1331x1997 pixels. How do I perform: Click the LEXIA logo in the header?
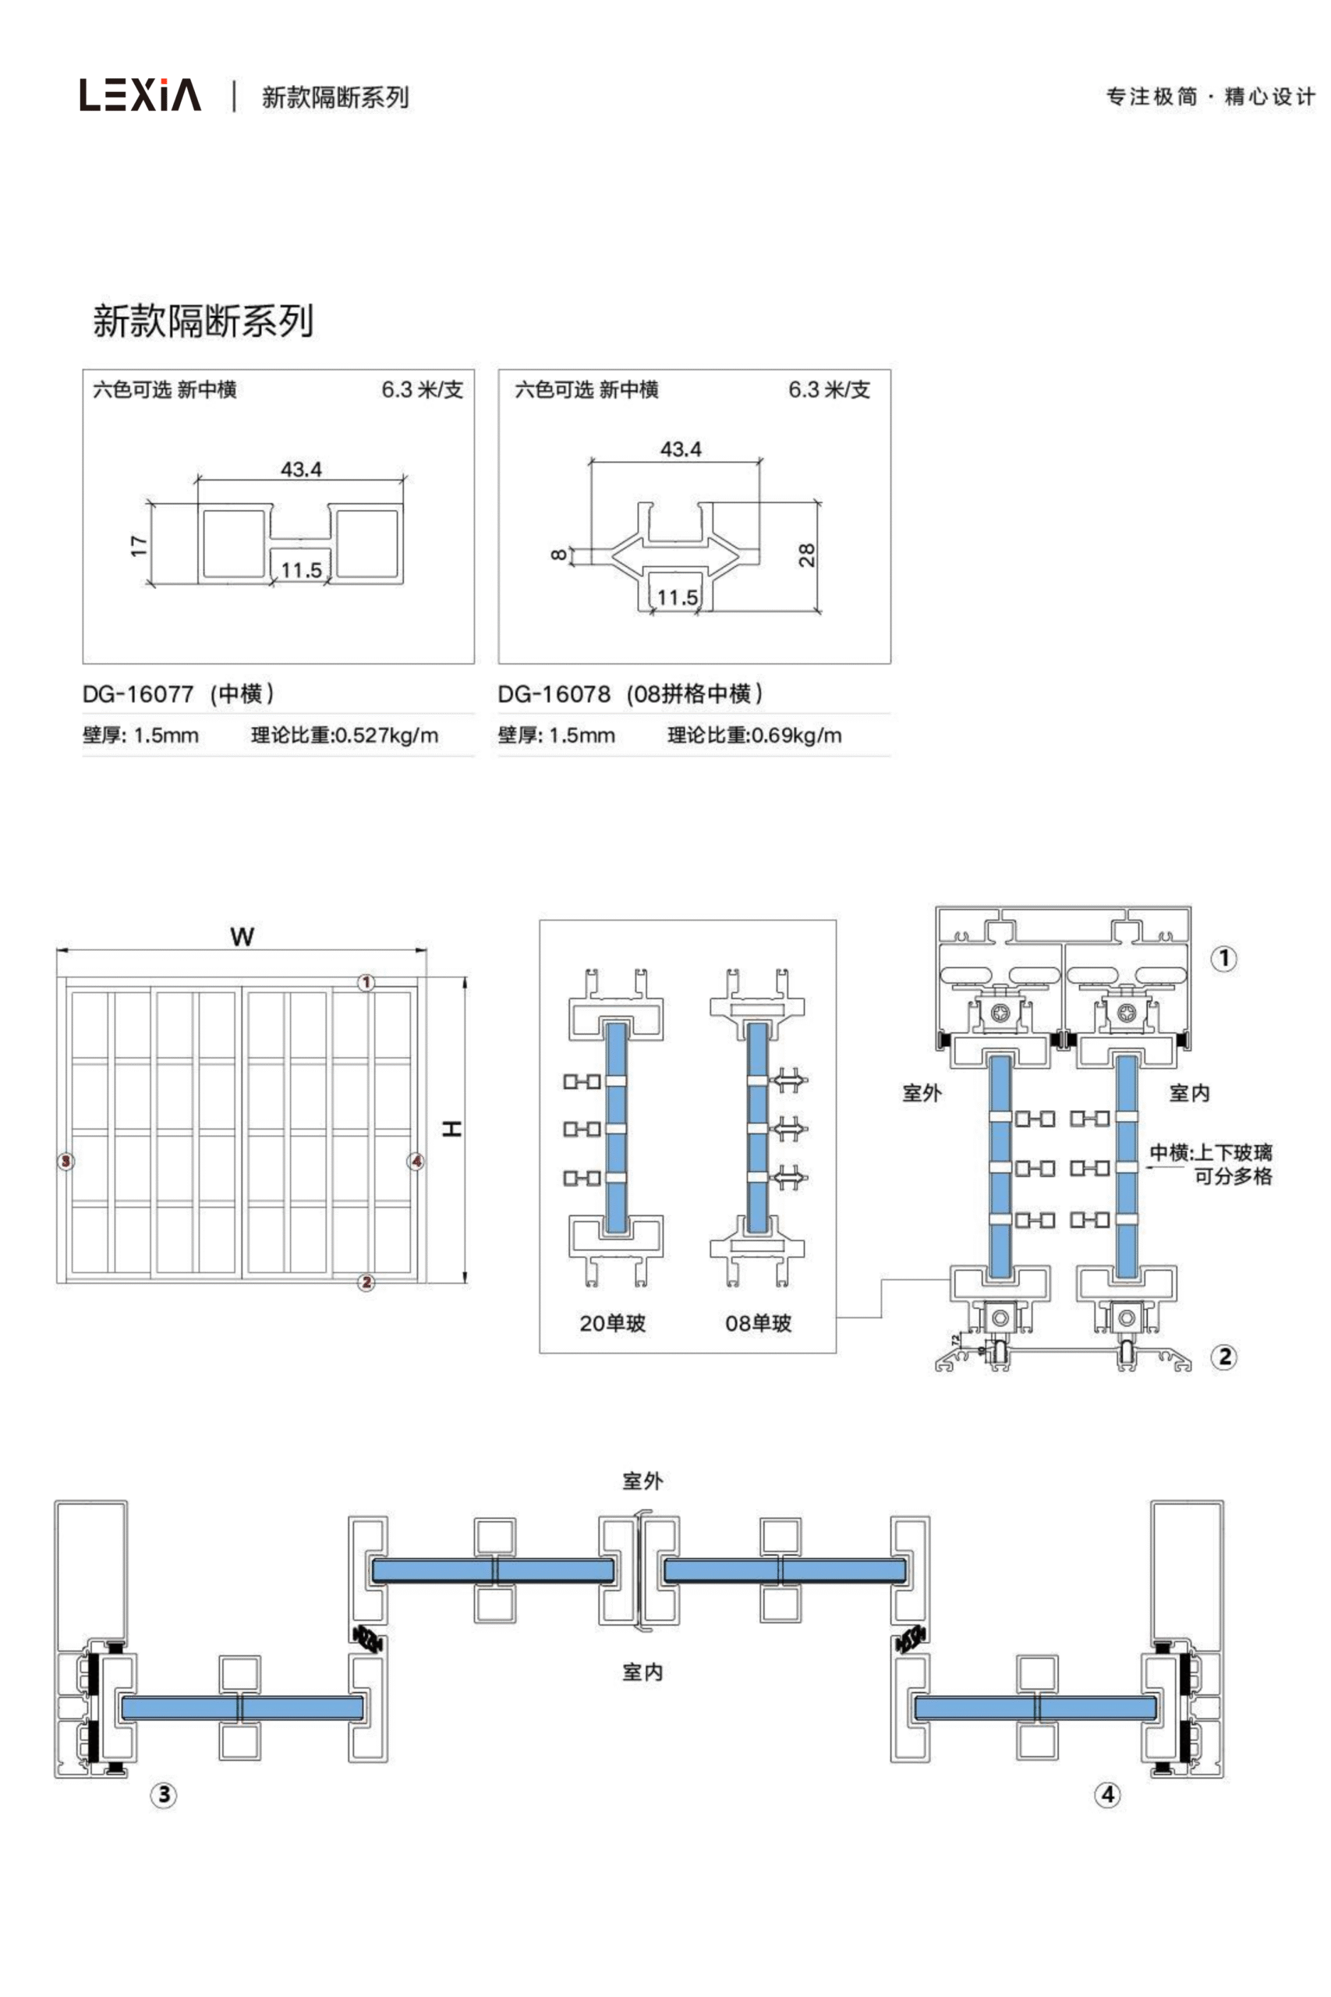point(141,95)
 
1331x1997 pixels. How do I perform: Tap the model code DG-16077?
point(138,694)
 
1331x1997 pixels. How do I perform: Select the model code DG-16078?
point(554,694)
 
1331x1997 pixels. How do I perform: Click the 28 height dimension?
point(806,555)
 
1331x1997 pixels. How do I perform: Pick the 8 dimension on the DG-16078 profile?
point(558,555)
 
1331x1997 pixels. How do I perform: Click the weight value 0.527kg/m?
point(387,736)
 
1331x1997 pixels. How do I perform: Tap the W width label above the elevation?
point(242,937)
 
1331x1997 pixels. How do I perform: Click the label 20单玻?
point(612,1323)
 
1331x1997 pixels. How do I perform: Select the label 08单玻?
point(758,1323)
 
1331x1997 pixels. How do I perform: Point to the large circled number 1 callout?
point(1223,959)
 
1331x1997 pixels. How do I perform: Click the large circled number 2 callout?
point(1224,1357)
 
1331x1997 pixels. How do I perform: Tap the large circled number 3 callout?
point(164,1795)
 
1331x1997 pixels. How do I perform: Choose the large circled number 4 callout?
point(1108,1795)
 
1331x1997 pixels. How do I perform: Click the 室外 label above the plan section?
point(642,1481)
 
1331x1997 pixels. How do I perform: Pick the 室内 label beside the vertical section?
point(1189,1094)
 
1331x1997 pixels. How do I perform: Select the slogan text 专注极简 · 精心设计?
point(1210,97)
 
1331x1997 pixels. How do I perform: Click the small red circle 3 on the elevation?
point(66,1161)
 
